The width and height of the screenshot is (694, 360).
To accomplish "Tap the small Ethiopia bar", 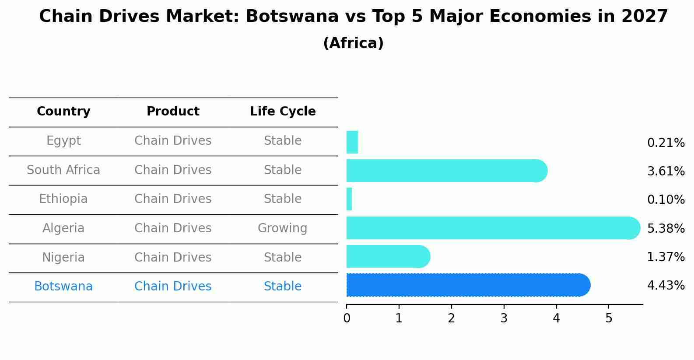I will point(349,199).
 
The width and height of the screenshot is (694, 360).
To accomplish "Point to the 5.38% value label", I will point(666,228).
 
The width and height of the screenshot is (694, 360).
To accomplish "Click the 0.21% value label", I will point(666,143).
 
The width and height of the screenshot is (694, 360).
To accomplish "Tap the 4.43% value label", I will point(666,286).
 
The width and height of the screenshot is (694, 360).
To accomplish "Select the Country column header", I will point(63,112).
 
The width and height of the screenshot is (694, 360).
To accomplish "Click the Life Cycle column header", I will point(283,112).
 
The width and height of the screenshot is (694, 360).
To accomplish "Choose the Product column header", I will point(173,112).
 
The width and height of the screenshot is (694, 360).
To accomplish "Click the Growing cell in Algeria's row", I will point(282,228).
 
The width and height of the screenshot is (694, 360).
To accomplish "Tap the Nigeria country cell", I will point(63,257).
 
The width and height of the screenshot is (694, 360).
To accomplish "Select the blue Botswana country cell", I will point(63,287).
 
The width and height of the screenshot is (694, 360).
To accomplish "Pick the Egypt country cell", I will point(63,141).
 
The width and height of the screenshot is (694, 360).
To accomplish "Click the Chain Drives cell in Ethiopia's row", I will point(173,199).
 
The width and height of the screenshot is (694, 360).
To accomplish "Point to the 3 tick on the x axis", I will point(504,318).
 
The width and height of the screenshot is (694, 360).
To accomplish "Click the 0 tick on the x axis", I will point(347,318).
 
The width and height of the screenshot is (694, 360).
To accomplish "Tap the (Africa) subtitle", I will point(353,43).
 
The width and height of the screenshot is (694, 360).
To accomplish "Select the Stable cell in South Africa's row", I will point(282,170).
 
